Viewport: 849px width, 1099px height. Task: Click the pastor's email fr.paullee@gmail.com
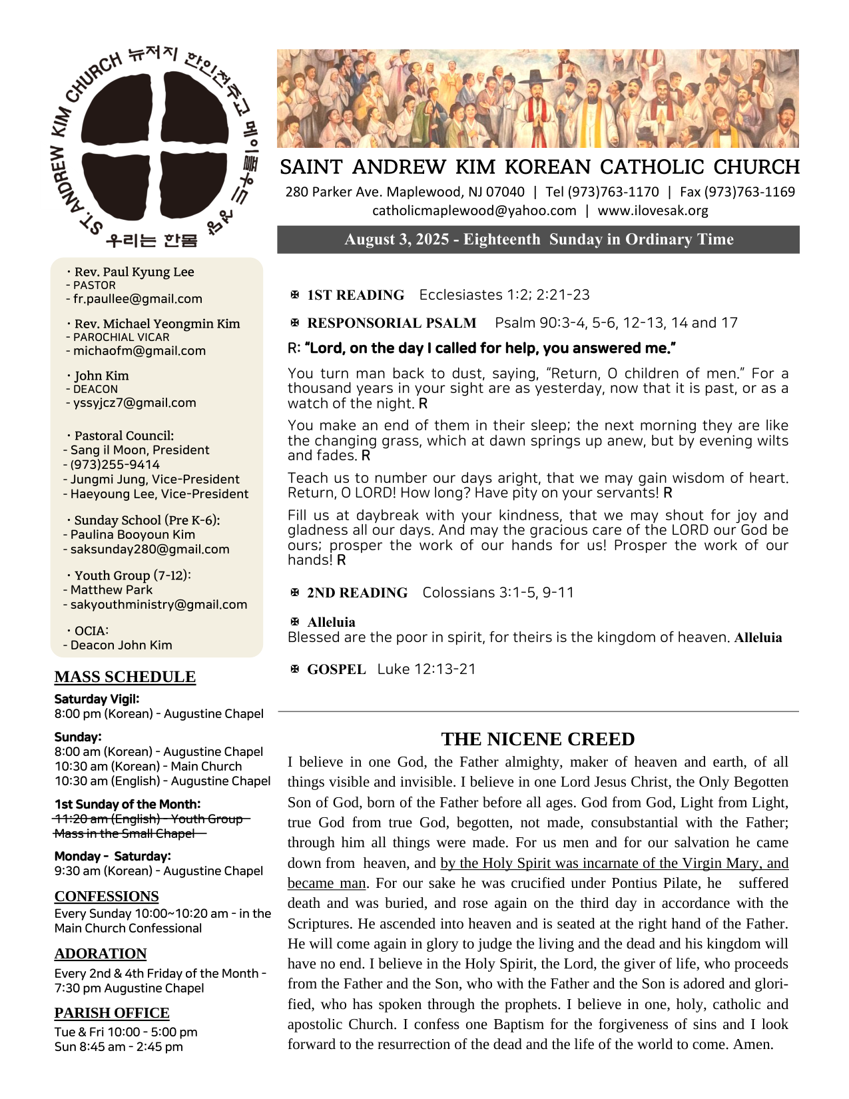tap(137, 299)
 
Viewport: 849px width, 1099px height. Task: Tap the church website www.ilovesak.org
tap(653, 210)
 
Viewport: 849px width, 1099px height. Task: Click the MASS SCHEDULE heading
tap(125, 677)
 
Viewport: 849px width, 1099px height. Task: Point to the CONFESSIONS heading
tap(107, 896)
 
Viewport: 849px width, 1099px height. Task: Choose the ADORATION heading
tap(101, 954)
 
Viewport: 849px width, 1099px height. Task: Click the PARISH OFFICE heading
tap(112, 1013)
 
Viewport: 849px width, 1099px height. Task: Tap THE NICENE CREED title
tap(538, 739)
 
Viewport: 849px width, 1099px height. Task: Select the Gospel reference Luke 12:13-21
tap(427, 669)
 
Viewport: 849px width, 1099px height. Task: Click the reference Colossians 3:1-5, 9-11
tap(498, 593)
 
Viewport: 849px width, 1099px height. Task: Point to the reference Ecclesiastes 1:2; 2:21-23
tap(504, 295)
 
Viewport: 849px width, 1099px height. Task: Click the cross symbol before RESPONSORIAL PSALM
tap(295, 323)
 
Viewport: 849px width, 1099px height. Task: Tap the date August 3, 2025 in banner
tap(397, 240)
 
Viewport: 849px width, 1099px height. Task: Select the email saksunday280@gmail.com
tap(150, 549)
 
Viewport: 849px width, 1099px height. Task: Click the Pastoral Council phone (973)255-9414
tap(115, 465)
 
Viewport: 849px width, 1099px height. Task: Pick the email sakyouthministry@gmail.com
tap(158, 605)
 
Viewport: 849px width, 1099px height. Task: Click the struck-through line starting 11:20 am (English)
tap(151, 819)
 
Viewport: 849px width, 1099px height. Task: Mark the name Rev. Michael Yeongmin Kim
tap(157, 324)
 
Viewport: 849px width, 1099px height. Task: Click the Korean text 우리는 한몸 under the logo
tap(152, 240)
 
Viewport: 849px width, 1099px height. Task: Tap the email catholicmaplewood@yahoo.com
tap(474, 210)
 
